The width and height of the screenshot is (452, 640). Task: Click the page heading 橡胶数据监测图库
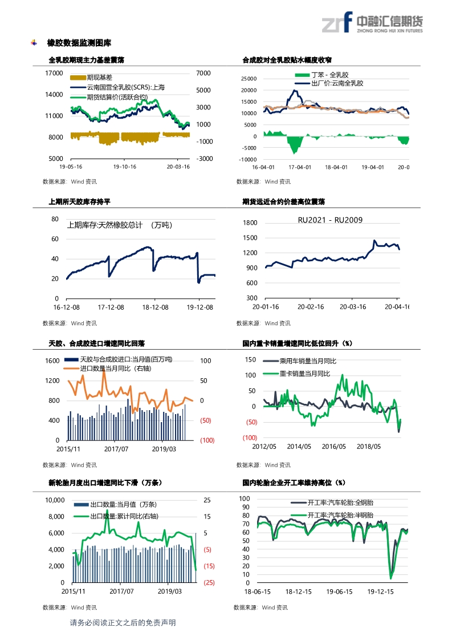[79, 43]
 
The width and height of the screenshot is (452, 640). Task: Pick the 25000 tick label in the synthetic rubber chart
[249, 79]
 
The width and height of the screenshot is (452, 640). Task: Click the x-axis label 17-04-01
[300, 167]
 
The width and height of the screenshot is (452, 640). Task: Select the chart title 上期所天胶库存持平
[80, 201]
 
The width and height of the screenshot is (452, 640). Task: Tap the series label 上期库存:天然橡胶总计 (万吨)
[119, 225]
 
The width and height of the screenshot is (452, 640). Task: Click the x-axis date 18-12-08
[153, 307]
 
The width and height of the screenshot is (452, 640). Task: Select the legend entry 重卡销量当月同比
[305, 373]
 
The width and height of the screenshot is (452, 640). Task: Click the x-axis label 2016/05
[334, 447]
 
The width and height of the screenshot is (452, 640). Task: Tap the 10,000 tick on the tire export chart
[55, 500]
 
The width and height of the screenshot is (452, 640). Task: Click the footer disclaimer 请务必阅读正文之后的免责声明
[122, 622]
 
